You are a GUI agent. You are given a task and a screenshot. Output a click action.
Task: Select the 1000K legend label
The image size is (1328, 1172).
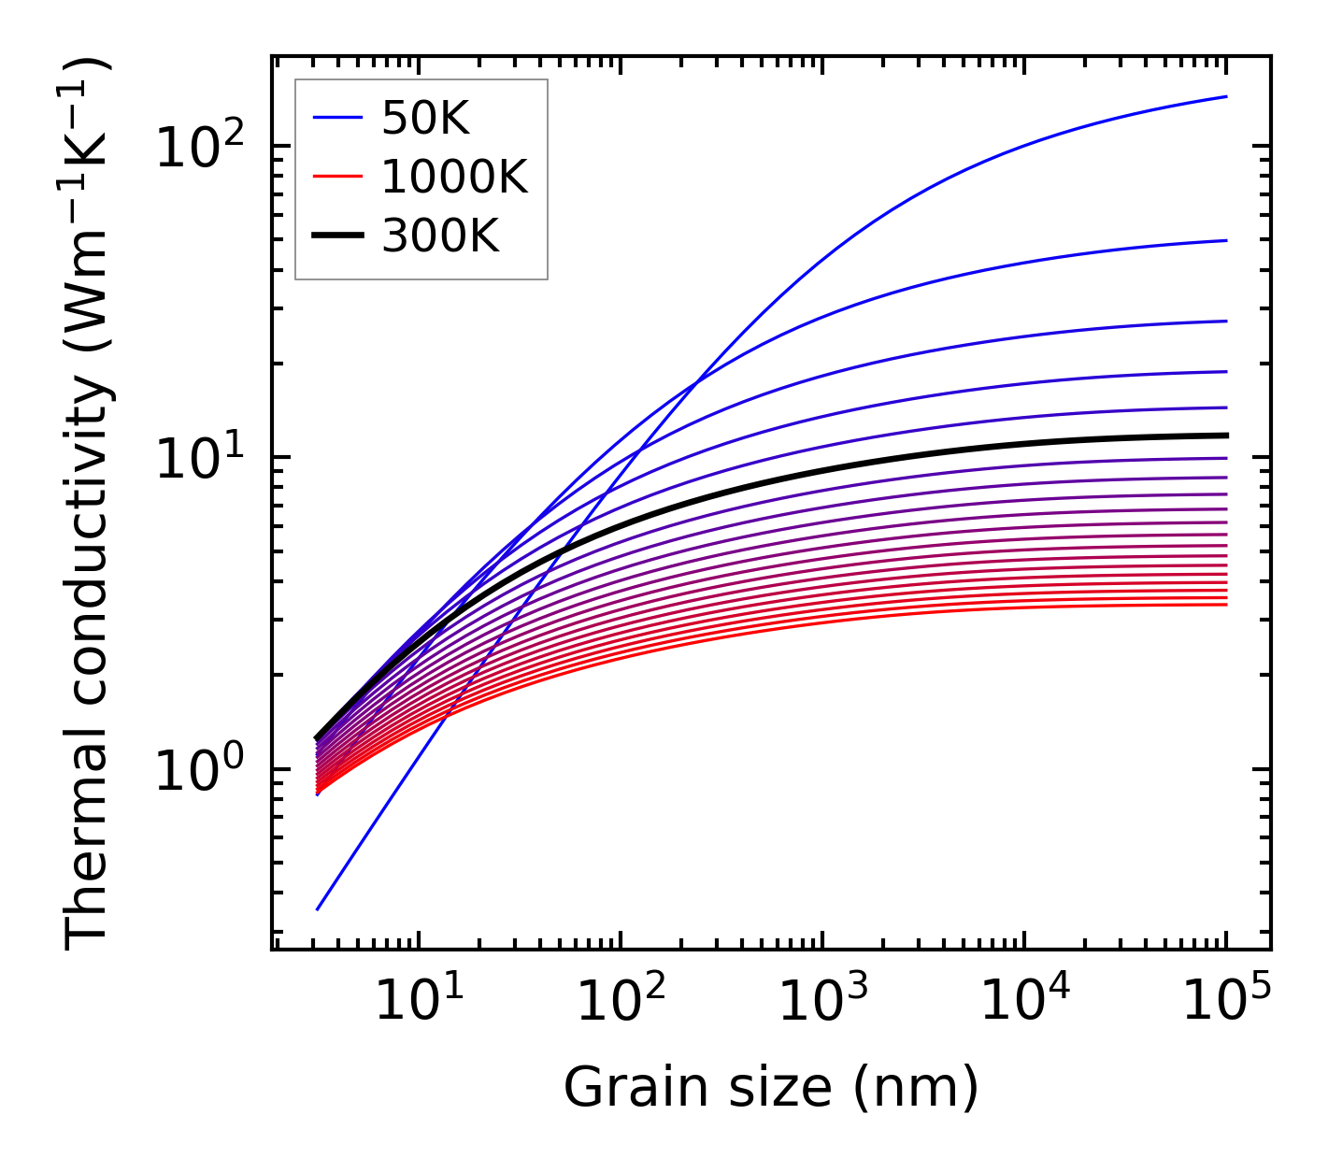coord(454,177)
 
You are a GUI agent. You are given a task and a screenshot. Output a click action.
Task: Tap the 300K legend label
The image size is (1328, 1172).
coord(440,236)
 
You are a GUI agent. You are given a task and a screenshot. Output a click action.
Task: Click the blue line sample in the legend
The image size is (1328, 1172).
coord(336,117)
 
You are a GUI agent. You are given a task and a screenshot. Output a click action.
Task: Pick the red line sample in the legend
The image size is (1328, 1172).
coord(336,177)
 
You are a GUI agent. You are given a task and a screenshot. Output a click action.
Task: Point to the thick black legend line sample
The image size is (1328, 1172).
coord(336,236)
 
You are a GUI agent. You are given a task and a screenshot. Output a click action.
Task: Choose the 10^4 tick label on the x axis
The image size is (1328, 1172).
coord(1024,1001)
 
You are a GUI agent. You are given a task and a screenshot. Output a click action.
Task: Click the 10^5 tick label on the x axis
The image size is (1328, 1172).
coord(1226,1001)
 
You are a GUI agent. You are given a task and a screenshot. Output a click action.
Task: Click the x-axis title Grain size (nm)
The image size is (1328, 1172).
coord(771,1088)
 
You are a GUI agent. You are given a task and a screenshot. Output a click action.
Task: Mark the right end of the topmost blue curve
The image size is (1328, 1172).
coord(1226,96)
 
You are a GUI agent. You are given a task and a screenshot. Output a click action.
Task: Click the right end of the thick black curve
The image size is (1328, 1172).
coord(1226,436)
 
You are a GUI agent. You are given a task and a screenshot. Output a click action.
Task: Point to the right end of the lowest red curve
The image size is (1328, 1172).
coord(1226,605)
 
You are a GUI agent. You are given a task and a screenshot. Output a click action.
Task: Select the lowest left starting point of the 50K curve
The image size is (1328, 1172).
coord(318,908)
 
